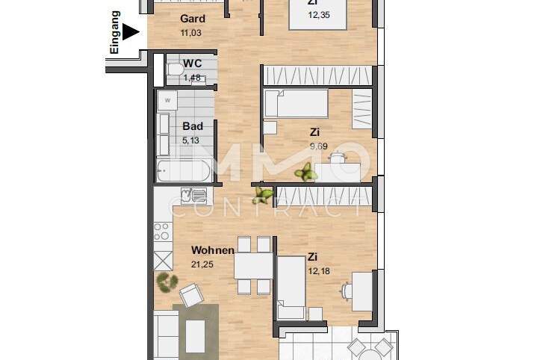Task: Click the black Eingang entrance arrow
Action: (131, 32)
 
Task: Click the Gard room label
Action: (193, 19)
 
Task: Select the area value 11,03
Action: (192, 33)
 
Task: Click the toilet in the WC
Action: (175, 70)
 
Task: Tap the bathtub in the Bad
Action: (186, 171)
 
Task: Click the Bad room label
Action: (193, 126)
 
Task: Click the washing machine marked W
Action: (167, 99)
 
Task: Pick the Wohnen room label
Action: (213, 250)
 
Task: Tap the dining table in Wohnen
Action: (252, 265)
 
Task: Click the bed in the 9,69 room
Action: (292, 104)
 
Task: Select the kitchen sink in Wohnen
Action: (198, 196)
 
